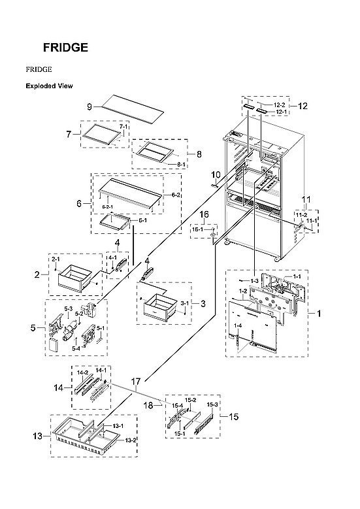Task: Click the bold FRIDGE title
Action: pyautogui.click(x=65, y=48)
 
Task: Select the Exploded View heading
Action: pyautogui.click(x=49, y=86)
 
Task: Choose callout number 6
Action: pyautogui.click(x=78, y=204)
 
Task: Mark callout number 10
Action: pyautogui.click(x=215, y=174)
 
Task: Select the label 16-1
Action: pyautogui.click(x=197, y=229)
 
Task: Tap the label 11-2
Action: pyautogui.click(x=301, y=214)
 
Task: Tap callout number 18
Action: pyautogui.click(x=148, y=406)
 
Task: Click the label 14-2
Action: pyautogui.click(x=83, y=372)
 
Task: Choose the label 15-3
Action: pyautogui.click(x=212, y=404)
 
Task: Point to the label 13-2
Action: pyautogui.click(x=131, y=440)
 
